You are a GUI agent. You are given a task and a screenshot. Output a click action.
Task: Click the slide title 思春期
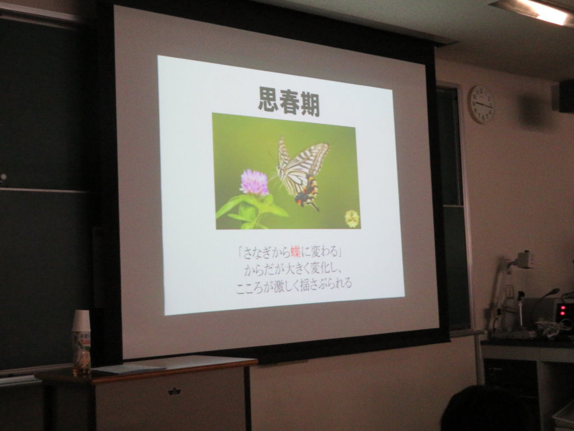[289, 101]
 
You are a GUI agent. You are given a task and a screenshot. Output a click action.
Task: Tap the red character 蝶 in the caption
[295, 252]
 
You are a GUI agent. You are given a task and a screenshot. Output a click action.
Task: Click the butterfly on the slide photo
[302, 173]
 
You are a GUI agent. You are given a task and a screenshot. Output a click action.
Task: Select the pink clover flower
[254, 182]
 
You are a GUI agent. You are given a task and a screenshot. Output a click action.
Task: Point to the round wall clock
[482, 104]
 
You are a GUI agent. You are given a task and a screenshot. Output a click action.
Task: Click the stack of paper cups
[81, 320]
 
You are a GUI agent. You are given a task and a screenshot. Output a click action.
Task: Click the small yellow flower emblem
[352, 219]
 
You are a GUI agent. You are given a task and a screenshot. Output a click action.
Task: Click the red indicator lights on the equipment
[562, 309]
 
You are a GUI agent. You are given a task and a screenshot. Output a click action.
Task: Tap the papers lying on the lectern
[128, 368]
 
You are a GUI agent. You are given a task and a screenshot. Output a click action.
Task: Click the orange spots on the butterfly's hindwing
[308, 191]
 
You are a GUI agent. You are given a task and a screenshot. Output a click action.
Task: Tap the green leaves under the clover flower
[251, 211]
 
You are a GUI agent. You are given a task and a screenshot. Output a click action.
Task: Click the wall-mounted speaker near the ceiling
[566, 96]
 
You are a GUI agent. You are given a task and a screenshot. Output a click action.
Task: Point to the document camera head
[524, 260]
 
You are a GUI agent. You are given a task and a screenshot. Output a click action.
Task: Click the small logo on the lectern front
[175, 391]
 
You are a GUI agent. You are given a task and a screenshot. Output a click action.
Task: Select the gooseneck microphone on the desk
[545, 304]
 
